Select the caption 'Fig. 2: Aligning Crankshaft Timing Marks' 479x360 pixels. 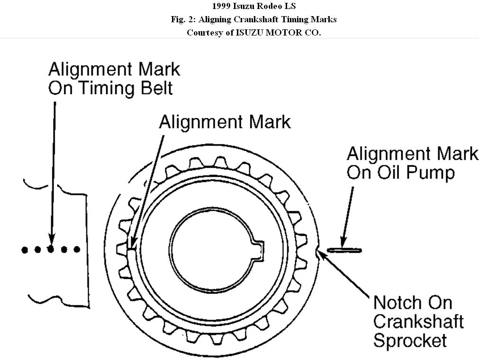pyautogui.click(x=253, y=19)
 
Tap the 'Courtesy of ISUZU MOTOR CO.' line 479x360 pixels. pyautogui.click(x=253, y=33)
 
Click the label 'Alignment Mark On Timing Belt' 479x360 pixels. pyautogui.click(x=114, y=79)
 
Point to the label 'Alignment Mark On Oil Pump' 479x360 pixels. pyautogui.click(x=412, y=163)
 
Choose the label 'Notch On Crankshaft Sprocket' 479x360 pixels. pyautogui.click(x=418, y=321)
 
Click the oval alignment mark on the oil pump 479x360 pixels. pyautogui.click(x=344, y=250)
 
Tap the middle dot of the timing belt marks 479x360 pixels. pyautogui.click(x=51, y=249)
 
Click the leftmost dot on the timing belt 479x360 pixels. pyautogui.click(x=25, y=249)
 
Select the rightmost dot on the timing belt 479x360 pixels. pyautogui.click(x=77, y=249)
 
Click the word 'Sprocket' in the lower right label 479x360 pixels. pyautogui.click(x=410, y=340)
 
